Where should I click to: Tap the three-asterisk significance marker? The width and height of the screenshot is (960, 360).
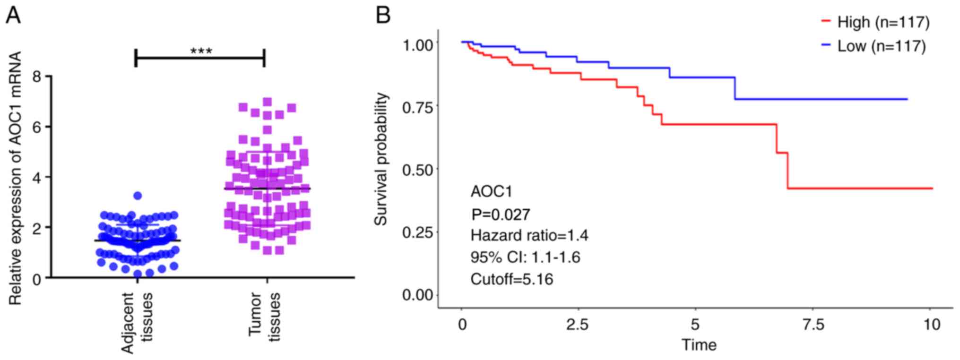click(x=201, y=51)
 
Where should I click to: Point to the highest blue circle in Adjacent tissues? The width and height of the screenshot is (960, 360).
click(x=138, y=196)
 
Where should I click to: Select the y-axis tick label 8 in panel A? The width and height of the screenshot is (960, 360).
click(x=37, y=77)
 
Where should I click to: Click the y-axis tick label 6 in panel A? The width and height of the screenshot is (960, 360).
click(x=37, y=127)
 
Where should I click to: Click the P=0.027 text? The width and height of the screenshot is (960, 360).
click(x=501, y=214)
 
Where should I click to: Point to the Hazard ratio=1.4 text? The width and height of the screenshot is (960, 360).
click(x=529, y=235)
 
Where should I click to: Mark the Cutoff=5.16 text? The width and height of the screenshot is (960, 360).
click(x=511, y=279)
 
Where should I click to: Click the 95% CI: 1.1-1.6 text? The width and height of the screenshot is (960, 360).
click(x=525, y=257)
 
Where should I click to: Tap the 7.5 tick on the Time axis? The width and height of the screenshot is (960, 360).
click(x=813, y=325)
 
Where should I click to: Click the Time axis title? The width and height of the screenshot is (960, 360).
click(x=699, y=345)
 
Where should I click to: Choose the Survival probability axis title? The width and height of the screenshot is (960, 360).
click(x=381, y=159)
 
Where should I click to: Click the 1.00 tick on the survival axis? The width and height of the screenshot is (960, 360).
click(x=417, y=45)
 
